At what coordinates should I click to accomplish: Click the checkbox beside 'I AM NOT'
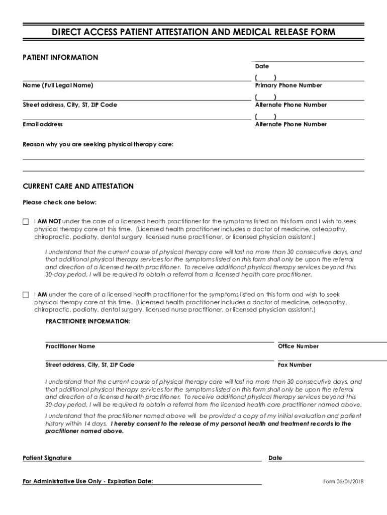click(26, 222)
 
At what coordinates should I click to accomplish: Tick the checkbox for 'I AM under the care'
click(26, 295)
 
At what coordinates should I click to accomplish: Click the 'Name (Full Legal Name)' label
click(58, 85)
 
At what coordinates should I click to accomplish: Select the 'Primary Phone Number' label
click(288, 85)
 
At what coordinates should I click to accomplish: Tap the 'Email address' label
click(43, 124)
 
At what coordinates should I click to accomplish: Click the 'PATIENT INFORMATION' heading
click(60, 58)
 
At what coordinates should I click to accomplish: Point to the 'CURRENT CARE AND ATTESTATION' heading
click(78, 187)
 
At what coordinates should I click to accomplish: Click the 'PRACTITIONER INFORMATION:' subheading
click(87, 321)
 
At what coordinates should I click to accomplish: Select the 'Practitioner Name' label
click(70, 347)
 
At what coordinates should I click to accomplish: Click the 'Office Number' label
click(299, 347)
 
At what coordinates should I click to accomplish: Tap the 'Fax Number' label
click(295, 365)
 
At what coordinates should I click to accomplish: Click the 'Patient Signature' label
click(47, 458)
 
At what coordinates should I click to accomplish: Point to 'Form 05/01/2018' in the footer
click(343, 482)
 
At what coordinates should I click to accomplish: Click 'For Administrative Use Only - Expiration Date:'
click(88, 482)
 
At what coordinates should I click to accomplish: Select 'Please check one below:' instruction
click(60, 203)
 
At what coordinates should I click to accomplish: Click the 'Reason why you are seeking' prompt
click(98, 145)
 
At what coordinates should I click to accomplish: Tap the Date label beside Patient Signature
click(275, 458)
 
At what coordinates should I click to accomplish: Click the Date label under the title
click(262, 66)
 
